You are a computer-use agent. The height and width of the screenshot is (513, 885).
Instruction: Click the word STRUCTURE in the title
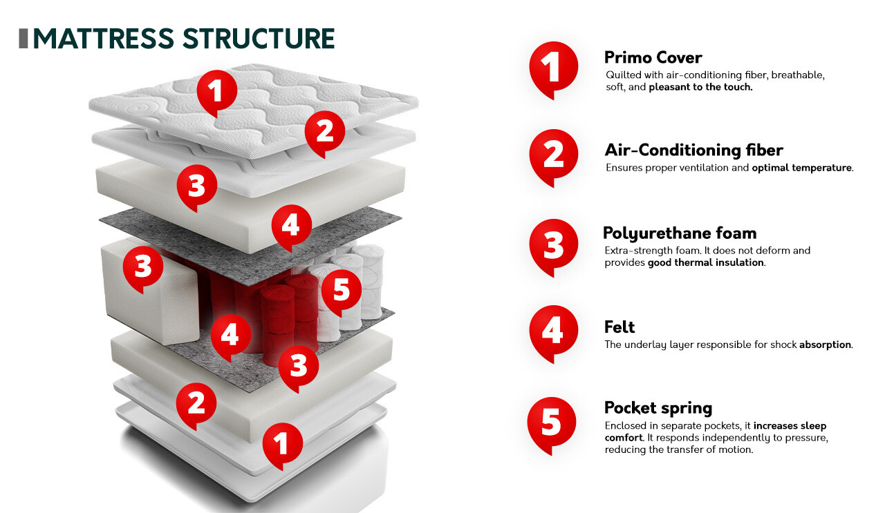pos(259,39)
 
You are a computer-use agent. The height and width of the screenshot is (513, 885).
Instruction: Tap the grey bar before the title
pos(24,39)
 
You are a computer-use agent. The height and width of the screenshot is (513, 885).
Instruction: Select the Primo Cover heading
pos(653,57)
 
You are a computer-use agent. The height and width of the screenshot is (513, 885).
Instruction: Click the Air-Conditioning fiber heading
pos(693,150)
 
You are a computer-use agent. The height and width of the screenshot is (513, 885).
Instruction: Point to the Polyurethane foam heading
pos(680,233)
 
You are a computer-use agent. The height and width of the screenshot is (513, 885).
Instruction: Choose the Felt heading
pos(619,327)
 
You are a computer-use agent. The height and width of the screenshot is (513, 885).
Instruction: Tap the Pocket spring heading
pos(658,407)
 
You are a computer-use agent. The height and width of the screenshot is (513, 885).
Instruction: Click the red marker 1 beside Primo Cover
pos(552,68)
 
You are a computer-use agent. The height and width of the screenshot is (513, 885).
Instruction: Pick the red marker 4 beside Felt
pos(552,331)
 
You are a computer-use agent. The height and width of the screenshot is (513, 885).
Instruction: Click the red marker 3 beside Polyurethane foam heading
pos(553,245)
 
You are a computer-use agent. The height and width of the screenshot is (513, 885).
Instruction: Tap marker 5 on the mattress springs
pos(342,290)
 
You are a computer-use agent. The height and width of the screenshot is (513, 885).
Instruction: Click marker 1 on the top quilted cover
pos(216,91)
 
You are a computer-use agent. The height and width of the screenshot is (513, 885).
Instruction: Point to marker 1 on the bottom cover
pos(281,443)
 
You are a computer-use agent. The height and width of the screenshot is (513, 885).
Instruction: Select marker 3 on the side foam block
pos(143,266)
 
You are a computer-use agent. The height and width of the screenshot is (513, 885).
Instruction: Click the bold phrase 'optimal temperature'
pos(802,168)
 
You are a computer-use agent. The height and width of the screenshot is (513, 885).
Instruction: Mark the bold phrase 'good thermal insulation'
pos(706,263)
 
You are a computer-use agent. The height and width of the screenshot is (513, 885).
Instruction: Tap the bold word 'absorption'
pos(825,345)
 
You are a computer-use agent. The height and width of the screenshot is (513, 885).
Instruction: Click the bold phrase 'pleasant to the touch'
pos(700,88)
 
